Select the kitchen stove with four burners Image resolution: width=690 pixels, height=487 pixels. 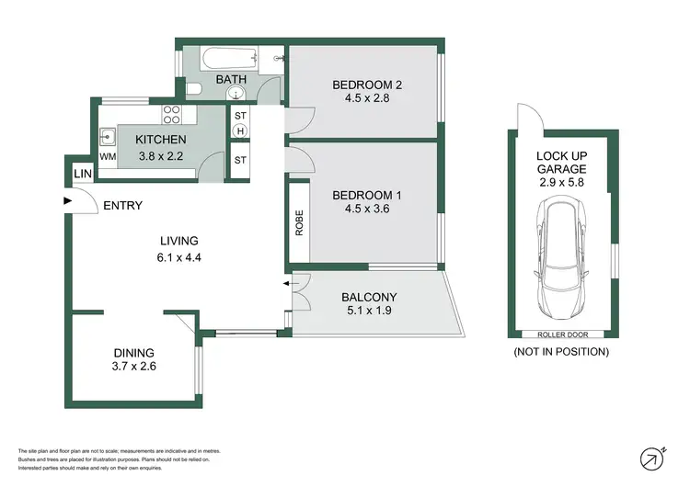point(172,115)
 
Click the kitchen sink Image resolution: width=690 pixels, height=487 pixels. point(108,139)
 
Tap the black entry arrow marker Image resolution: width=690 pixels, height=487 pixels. point(66,200)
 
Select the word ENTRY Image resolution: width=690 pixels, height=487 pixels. point(122,206)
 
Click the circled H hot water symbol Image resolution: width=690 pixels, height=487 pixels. point(241,131)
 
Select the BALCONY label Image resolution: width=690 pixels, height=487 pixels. point(369,297)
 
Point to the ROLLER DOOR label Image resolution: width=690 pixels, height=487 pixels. point(561,334)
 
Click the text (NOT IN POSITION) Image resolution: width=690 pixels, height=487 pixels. point(561,352)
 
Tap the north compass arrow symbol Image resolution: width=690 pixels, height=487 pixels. point(652,457)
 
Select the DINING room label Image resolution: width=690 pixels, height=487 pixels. point(133,352)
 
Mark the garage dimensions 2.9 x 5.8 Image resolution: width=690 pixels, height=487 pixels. point(561,183)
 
